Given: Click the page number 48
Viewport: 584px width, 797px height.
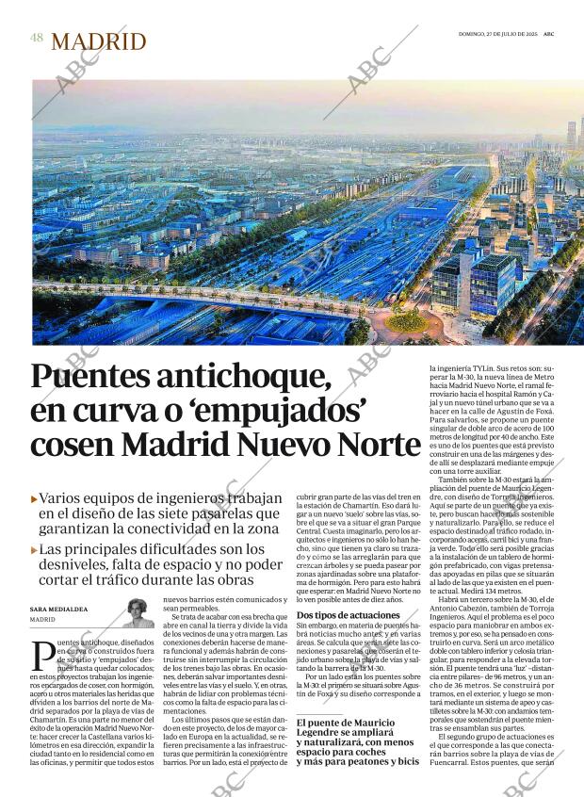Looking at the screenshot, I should pyautogui.click(x=37, y=39).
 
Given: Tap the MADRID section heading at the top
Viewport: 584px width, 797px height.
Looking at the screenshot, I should pyautogui.click(x=99, y=41).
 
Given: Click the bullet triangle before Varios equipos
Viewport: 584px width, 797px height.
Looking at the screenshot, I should pyautogui.click(x=35, y=497).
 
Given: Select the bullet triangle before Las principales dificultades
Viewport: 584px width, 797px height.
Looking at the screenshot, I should pyautogui.click(x=35, y=549).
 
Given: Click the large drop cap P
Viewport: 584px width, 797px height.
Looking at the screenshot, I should pyautogui.click(x=42, y=658).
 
